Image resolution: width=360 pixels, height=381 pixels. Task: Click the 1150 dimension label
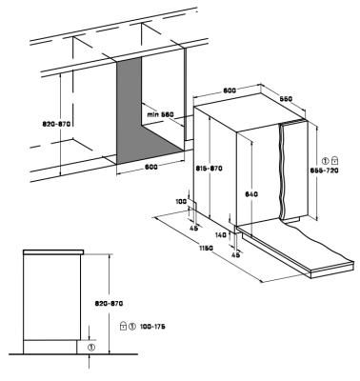[207, 248]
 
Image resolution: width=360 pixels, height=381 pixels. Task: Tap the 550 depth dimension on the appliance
[286, 99]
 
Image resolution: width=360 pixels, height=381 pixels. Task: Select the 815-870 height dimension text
[209, 169]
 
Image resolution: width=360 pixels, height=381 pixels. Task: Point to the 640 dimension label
[251, 194]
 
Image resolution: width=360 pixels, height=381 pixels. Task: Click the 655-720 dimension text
[324, 170]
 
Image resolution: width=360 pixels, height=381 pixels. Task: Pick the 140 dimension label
[221, 235]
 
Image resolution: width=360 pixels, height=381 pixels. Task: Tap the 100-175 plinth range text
[152, 327]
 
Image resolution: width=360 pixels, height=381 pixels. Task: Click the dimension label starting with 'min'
[160, 114]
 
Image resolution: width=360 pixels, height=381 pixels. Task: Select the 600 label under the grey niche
[151, 168]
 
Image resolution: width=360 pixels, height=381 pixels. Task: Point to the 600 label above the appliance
[230, 90]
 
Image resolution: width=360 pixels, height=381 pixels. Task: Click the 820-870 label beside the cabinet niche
[56, 124]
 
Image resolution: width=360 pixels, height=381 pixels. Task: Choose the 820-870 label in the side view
[109, 304]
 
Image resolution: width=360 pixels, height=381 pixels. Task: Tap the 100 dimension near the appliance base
[181, 201]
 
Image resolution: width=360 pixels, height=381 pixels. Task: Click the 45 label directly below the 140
[235, 254]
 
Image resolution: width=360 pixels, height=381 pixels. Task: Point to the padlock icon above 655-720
[335, 159]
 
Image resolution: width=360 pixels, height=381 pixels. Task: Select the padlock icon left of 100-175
[124, 326]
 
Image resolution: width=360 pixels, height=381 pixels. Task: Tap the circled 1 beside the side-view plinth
[91, 347]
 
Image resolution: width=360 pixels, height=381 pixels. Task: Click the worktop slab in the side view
[53, 252]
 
